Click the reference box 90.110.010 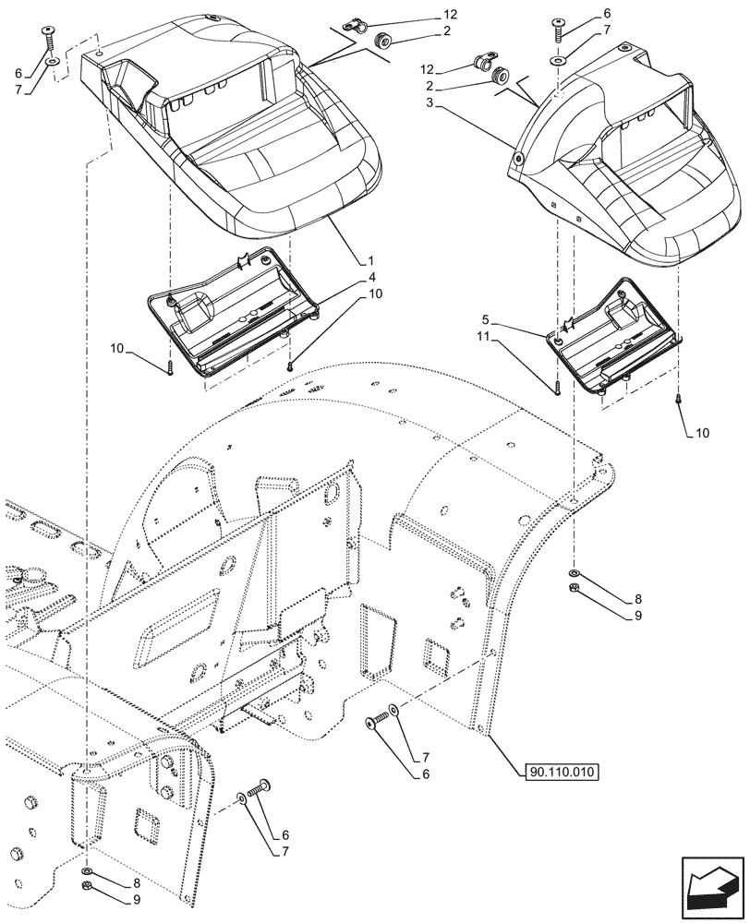click(x=560, y=773)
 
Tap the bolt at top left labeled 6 click(x=49, y=37)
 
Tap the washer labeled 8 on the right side click(x=574, y=574)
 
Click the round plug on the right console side click(x=519, y=160)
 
